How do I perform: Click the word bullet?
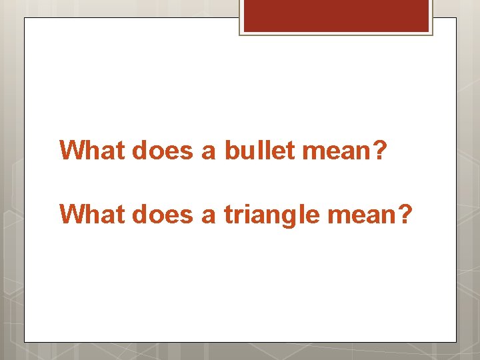pyautogui.click(x=260, y=150)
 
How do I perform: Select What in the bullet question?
pyautogui.click(x=93, y=150)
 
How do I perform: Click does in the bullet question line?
pyautogui.click(x=163, y=150)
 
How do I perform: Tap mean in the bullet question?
pyautogui.click(x=334, y=151)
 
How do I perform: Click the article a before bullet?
pyautogui.click(x=209, y=152)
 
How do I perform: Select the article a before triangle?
pyautogui.click(x=209, y=216)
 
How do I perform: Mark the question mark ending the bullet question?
pyautogui.click(x=379, y=150)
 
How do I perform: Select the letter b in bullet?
pyautogui.click(x=231, y=150)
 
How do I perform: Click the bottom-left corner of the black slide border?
pyautogui.click(x=25, y=342)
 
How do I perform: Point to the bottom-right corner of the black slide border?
pyautogui.click(x=456, y=342)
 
